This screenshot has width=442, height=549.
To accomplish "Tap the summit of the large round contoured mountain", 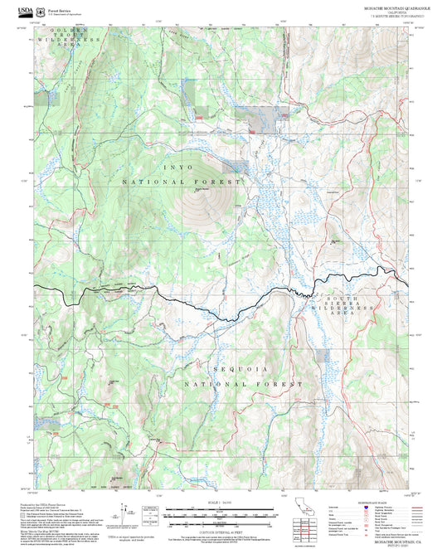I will (199, 190).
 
